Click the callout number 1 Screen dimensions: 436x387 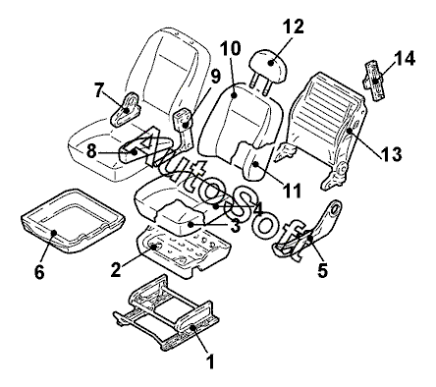click(x=211, y=361)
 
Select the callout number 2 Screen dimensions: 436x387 click(x=116, y=269)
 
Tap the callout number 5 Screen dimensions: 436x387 click(x=322, y=269)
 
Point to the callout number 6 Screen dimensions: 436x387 click(x=39, y=271)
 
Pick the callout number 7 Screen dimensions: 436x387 click(x=99, y=90)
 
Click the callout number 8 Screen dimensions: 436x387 click(x=92, y=151)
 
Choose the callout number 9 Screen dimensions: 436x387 click(x=215, y=77)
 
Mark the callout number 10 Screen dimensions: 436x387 click(x=230, y=48)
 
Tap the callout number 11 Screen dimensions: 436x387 click(x=292, y=191)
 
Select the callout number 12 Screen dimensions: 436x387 click(x=294, y=27)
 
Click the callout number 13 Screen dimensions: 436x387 click(x=391, y=154)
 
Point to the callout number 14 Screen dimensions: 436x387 click(x=404, y=58)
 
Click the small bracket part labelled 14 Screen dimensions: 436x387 click(x=375, y=81)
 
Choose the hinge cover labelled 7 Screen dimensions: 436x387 click(x=126, y=109)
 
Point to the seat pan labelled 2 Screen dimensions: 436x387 click(x=184, y=252)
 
